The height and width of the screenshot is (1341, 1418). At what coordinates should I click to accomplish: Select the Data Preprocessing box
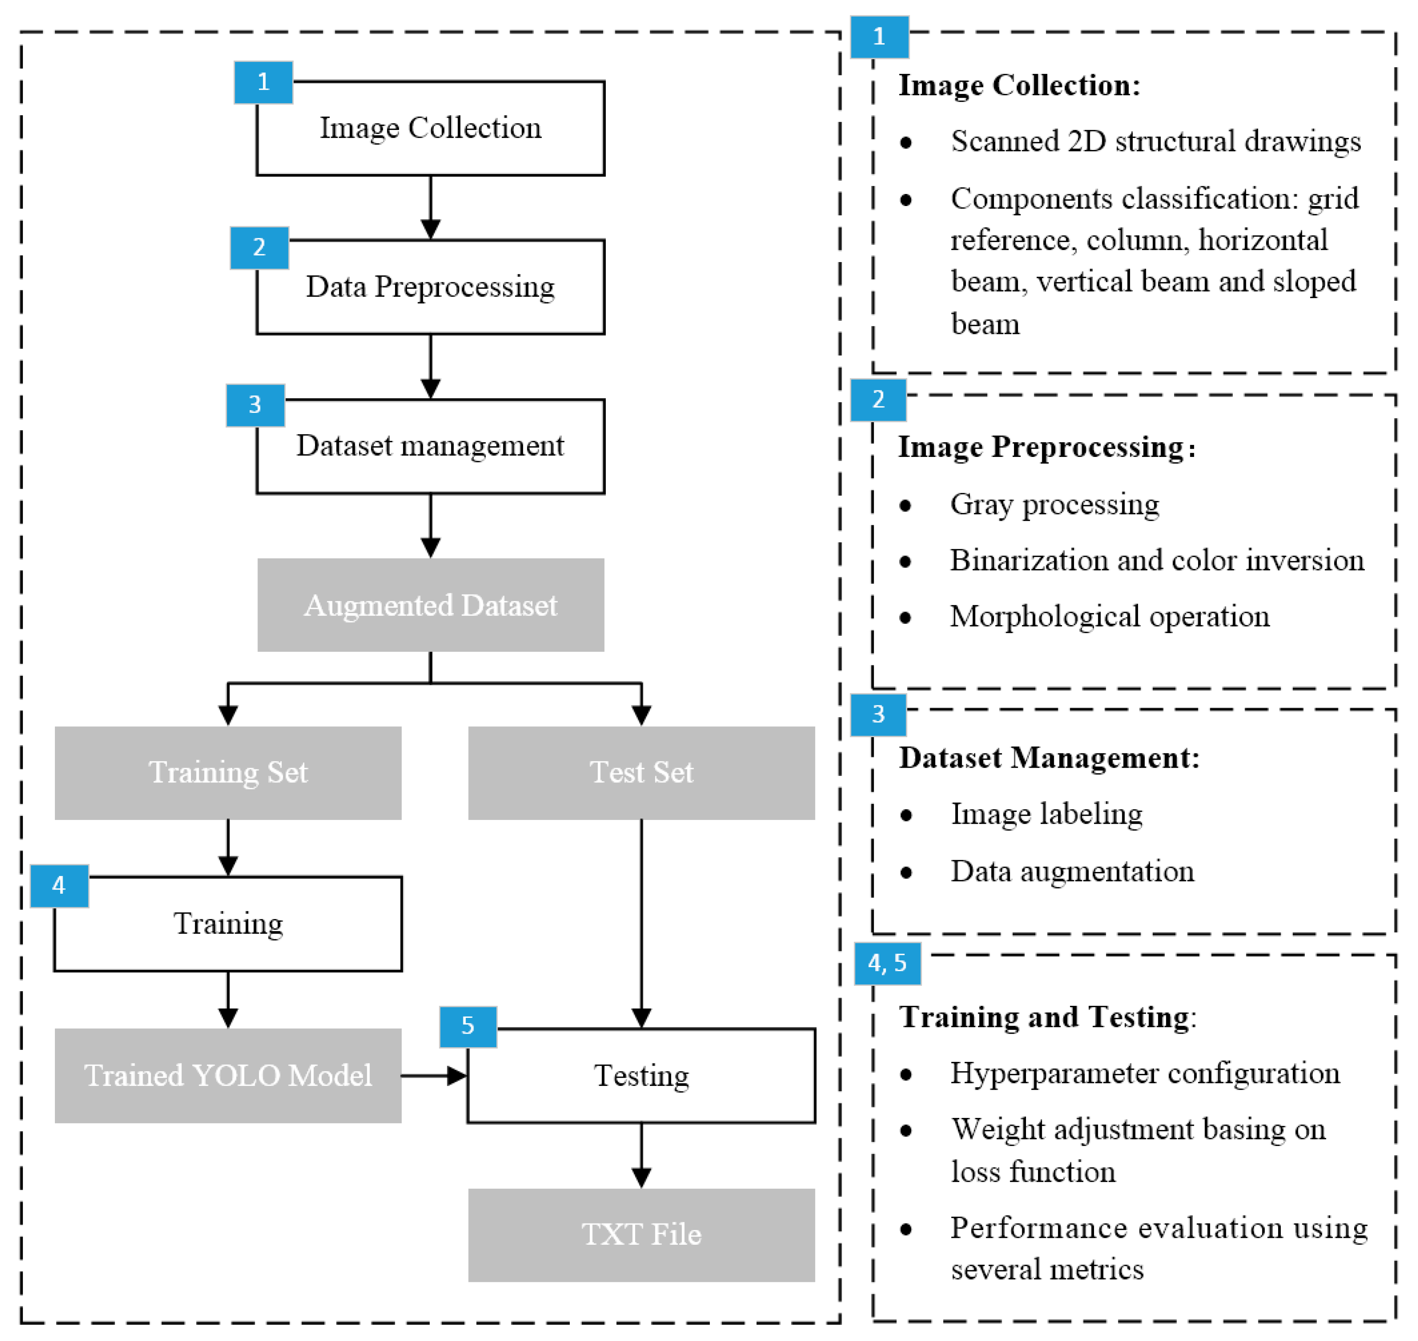coord(430,287)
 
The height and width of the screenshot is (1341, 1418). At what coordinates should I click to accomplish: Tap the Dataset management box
coord(430,446)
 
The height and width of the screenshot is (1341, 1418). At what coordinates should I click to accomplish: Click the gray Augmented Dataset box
coord(430,605)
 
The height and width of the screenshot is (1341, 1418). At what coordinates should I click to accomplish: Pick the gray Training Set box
coord(228,773)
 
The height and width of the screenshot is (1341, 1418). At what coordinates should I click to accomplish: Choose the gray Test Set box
coord(641,773)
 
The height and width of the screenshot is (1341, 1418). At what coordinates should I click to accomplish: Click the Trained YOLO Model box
coord(228,1075)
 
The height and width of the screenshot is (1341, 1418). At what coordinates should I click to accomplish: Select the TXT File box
coord(641,1234)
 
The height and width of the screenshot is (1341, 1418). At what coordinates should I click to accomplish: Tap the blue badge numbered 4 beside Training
coord(59,886)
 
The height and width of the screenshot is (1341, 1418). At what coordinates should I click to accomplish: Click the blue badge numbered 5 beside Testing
coord(468,1026)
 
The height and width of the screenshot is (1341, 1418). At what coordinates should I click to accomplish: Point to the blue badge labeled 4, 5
coord(887,963)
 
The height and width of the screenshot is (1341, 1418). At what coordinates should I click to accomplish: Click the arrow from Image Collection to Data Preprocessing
coord(430,207)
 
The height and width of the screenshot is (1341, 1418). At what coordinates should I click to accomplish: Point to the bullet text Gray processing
coord(1054,504)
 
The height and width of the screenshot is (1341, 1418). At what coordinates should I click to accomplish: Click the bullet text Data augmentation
coord(1072,871)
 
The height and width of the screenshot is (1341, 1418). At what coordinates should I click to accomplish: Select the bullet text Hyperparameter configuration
coord(1144,1073)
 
